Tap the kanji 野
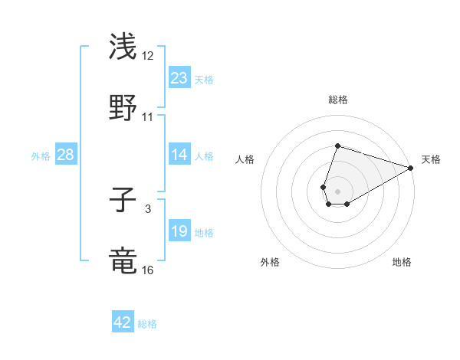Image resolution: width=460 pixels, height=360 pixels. [x=123, y=108]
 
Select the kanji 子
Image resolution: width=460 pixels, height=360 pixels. [x=123, y=201]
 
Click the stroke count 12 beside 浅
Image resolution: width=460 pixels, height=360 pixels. [x=148, y=56]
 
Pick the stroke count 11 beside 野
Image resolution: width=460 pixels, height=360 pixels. [x=148, y=117]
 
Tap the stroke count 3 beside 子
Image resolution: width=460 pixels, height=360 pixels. [x=148, y=208]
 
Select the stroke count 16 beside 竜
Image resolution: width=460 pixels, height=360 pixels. [x=148, y=270]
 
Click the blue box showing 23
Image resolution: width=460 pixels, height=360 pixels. [x=179, y=77]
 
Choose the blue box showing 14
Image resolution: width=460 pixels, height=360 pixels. [x=179, y=155]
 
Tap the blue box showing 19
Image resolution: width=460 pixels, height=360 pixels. [x=179, y=231]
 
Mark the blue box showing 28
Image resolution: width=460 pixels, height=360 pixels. [x=66, y=155]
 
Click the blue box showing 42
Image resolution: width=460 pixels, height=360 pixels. [x=123, y=322]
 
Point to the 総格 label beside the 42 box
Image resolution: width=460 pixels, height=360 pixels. [x=148, y=324]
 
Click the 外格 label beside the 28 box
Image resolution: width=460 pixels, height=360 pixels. [x=41, y=155]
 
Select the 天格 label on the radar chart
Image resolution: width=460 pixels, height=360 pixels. [x=431, y=159]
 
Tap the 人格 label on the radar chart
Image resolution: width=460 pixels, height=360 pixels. [x=245, y=159]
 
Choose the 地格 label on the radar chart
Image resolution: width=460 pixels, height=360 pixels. [x=402, y=262]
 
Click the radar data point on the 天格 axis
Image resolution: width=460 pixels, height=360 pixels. [x=412, y=169]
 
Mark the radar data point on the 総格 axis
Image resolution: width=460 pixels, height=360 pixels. [x=337, y=146]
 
